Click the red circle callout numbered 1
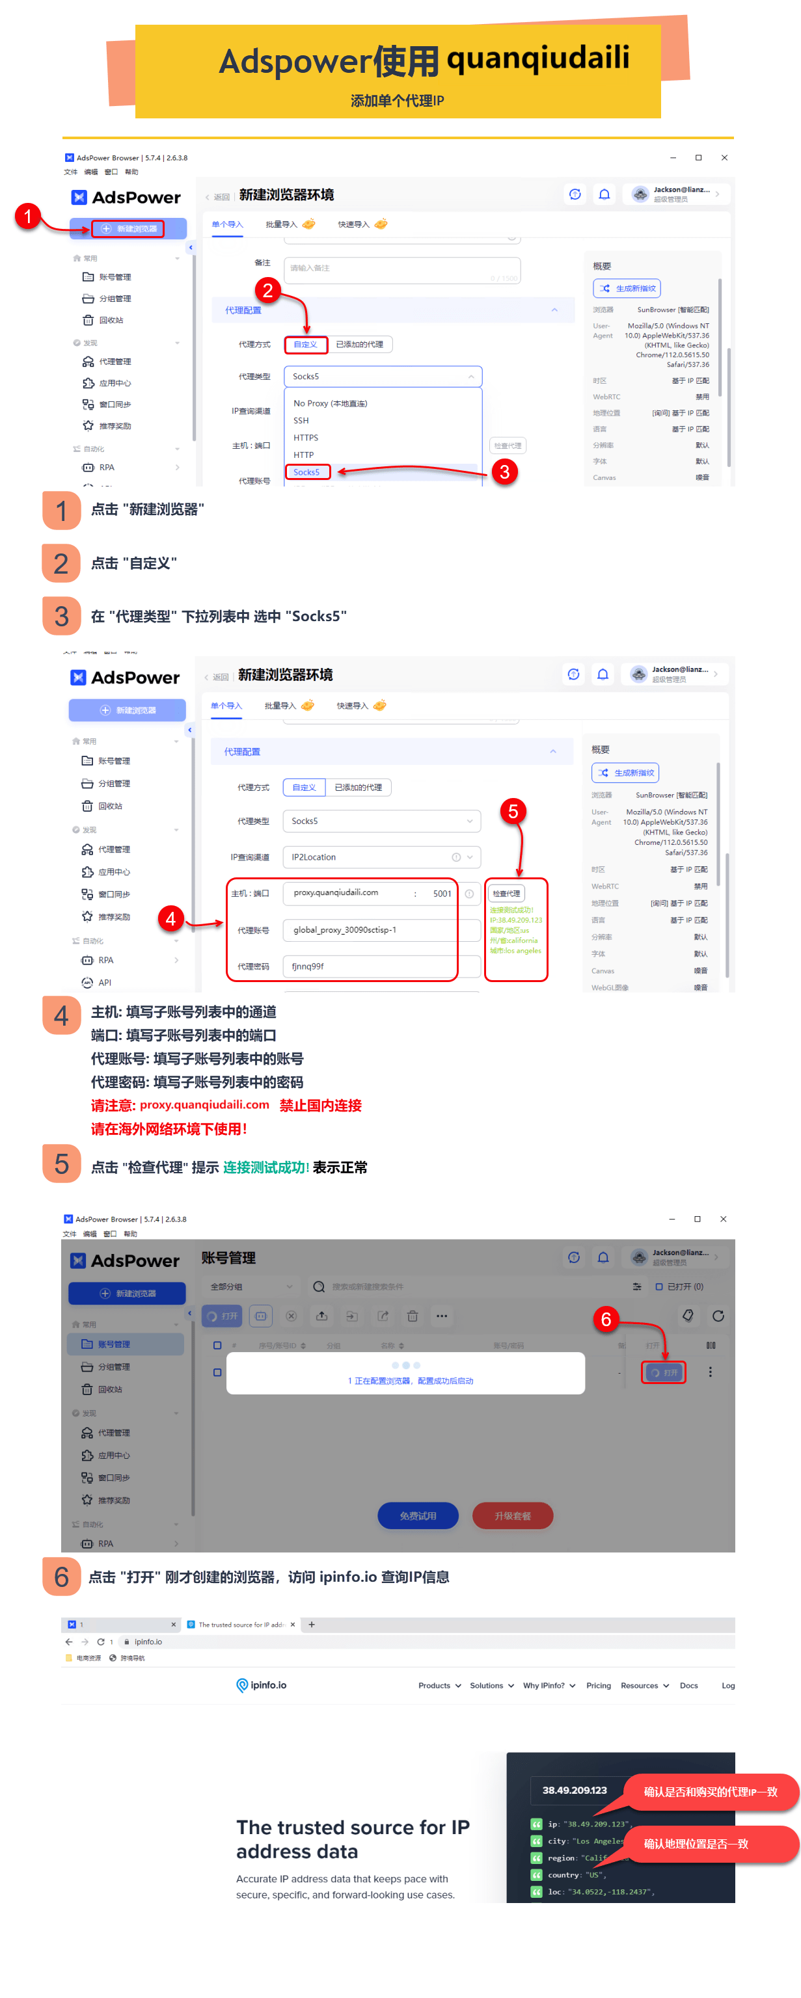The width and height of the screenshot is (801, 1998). click(x=28, y=216)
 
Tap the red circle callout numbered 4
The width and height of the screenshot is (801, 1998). click(x=170, y=919)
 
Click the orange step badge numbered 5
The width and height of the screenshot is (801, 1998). click(x=62, y=1164)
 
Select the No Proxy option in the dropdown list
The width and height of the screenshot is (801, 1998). click(x=330, y=403)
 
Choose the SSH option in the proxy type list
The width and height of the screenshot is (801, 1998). click(x=301, y=420)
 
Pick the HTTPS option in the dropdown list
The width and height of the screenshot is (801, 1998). click(x=306, y=438)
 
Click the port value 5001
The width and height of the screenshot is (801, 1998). click(x=442, y=894)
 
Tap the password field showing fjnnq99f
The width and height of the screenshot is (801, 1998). click(x=370, y=966)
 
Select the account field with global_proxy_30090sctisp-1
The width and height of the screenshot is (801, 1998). click(x=370, y=930)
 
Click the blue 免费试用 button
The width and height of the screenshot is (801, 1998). click(x=418, y=1515)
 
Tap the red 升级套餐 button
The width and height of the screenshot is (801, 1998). click(x=512, y=1515)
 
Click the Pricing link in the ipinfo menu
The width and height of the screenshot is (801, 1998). click(x=599, y=1685)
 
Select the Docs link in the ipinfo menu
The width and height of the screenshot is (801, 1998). click(x=688, y=1685)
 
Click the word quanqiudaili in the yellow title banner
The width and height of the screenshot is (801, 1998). click(x=538, y=58)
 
